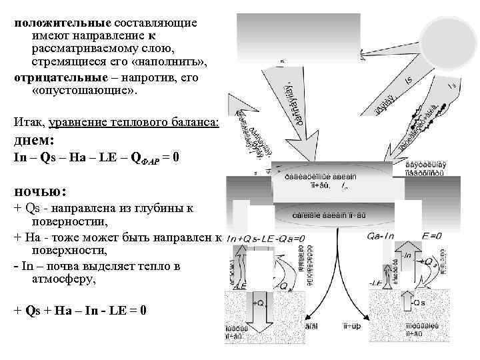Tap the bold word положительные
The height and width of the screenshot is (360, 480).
(x=56, y=22)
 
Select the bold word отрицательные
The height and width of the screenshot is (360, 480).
(x=56, y=77)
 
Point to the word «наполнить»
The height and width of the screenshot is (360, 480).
(x=169, y=63)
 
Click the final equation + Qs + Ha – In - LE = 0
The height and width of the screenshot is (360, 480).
(x=80, y=310)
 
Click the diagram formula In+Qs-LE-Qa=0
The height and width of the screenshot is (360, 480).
(x=266, y=238)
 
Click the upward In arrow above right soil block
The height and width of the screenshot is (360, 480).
(x=406, y=257)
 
